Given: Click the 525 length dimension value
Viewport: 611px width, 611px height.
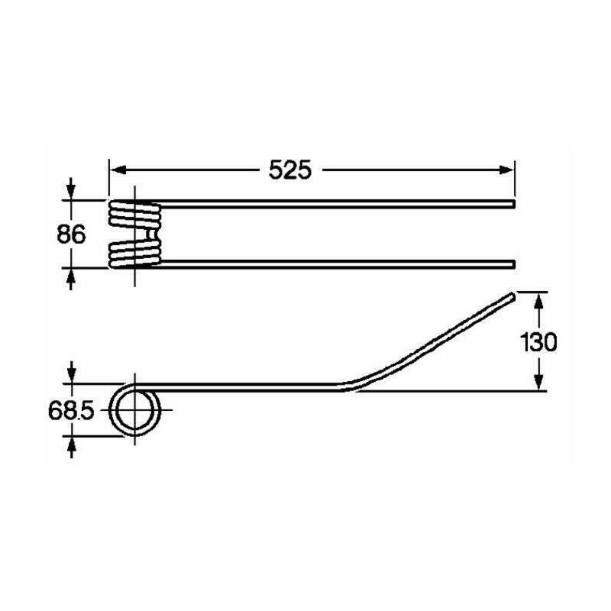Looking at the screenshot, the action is (x=290, y=170).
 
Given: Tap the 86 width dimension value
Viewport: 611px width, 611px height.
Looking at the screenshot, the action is (x=71, y=235).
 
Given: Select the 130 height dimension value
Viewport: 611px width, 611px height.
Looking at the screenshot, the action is (x=538, y=342).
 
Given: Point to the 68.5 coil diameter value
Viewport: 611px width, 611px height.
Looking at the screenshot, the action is (x=71, y=411).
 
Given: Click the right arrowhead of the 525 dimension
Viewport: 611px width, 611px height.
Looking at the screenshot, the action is (x=506, y=170).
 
